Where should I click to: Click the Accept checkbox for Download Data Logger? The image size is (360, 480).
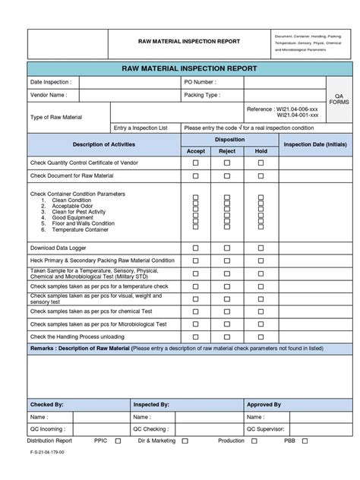[x=195, y=248]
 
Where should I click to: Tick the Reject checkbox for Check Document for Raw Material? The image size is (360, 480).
[x=227, y=175]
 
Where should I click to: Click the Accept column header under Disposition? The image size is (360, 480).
[x=195, y=151]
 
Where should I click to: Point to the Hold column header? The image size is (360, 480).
[x=261, y=151]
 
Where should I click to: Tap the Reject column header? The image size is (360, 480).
[x=227, y=151]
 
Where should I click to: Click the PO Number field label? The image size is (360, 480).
[x=200, y=81]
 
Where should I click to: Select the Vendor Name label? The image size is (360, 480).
[x=49, y=96]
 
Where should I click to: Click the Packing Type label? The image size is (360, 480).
[x=201, y=96]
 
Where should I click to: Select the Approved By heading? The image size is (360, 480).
[x=265, y=405]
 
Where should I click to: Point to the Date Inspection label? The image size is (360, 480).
[x=51, y=81]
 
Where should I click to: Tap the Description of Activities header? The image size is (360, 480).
[x=103, y=144]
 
